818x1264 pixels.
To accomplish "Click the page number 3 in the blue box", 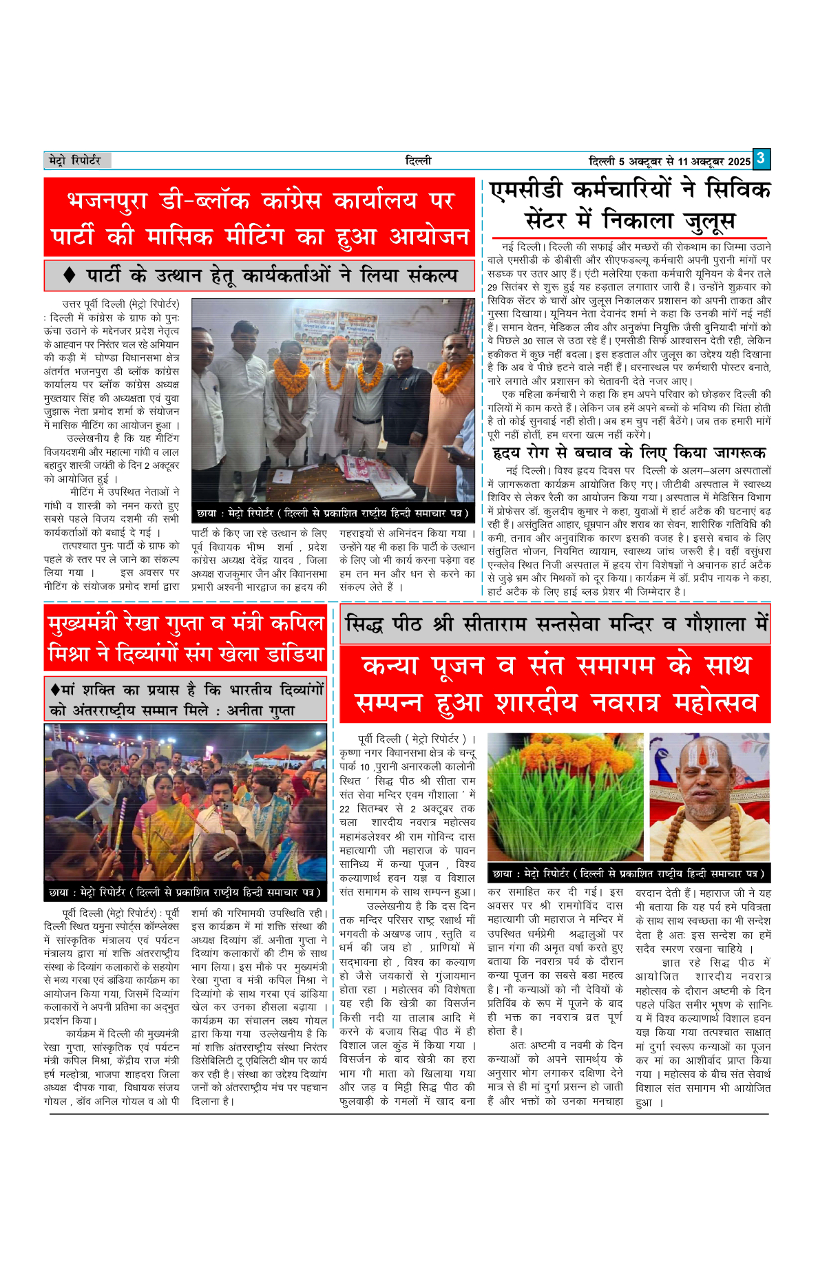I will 760,159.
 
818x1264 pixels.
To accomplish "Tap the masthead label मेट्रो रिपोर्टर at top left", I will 75,160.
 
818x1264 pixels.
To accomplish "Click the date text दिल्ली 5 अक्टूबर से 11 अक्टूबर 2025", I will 669,161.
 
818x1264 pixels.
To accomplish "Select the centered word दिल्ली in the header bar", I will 418,160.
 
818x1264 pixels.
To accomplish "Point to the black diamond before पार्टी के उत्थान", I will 69,275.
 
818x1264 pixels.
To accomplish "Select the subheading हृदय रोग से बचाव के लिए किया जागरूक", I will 629,453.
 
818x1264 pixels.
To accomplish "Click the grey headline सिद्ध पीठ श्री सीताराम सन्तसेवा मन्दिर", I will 555,624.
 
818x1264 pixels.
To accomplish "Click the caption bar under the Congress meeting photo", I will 333,513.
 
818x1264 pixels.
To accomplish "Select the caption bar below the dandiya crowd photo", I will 185,892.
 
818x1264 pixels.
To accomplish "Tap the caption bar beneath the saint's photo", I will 628,874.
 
